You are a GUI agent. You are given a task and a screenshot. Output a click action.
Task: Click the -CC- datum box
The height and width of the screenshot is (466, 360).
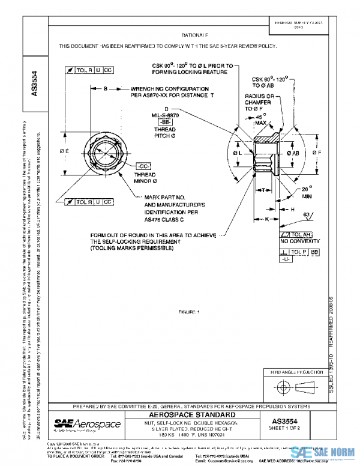(x=143, y=165)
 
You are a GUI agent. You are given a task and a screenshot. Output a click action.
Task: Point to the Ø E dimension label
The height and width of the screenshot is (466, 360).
(x=64, y=150)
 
